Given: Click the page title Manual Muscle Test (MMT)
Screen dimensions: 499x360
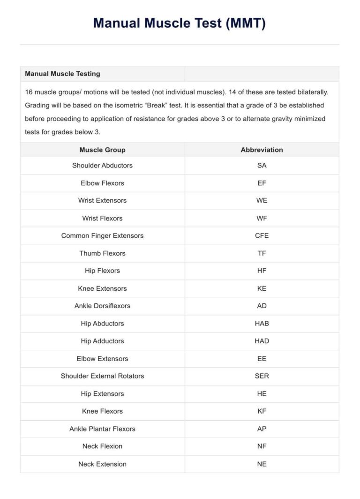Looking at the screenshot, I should [x=180, y=23].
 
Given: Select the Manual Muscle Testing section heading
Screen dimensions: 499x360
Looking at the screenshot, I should [x=62, y=74].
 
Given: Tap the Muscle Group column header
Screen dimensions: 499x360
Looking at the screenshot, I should [x=102, y=150].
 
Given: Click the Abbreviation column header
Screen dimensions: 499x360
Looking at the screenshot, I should [x=262, y=150].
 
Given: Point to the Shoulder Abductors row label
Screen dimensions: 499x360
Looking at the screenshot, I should [x=102, y=166].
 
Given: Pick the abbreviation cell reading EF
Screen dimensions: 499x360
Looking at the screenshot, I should [x=262, y=183].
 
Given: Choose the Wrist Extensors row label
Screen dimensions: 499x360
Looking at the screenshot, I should [x=102, y=201].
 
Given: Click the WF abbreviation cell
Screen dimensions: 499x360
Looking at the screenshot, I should [x=262, y=218].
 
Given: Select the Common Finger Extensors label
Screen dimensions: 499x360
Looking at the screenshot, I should [x=102, y=235].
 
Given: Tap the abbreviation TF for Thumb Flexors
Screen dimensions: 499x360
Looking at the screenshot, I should [x=262, y=253].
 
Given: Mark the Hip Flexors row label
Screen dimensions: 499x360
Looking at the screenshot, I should [x=102, y=271].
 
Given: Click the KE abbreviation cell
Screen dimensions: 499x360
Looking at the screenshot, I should [x=262, y=288].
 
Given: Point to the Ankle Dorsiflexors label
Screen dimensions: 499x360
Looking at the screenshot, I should [x=102, y=306].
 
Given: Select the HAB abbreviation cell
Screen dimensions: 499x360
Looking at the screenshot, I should [x=262, y=324].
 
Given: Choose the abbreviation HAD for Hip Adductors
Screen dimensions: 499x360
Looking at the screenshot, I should [x=262, y=341].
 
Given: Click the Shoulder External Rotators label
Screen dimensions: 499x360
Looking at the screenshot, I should [x=102, y=376].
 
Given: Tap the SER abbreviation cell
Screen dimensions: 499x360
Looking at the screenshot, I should [x=262, y=376].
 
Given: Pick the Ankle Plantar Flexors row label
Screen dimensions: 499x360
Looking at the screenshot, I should [x=102, y=429].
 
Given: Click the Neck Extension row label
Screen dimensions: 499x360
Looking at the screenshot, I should [x=102, y=464].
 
